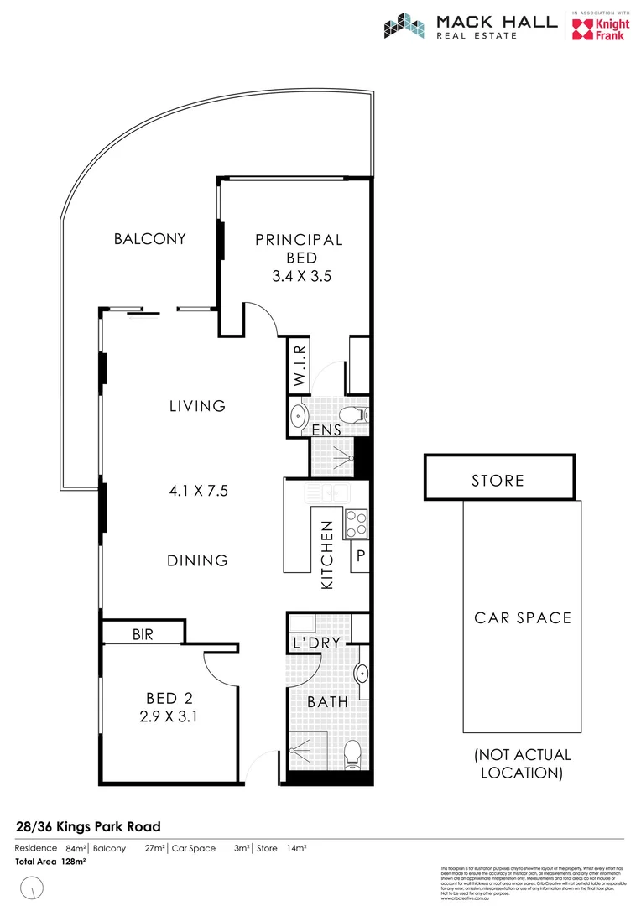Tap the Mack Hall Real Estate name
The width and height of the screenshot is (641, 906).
pos(496,26)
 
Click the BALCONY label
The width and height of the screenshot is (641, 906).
pos(149,239)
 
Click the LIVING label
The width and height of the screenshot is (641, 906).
pos(198,406)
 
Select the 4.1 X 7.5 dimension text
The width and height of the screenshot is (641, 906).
pos(198,492)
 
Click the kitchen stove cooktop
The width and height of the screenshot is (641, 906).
pos(356,523)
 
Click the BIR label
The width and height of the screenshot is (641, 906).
pos(143,635)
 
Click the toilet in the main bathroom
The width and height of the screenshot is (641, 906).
pos(352,752)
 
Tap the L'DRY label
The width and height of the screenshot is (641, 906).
pos(315,643)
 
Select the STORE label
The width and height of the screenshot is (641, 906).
pos(498,481)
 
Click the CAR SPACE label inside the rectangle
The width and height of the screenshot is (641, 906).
pos(522,618)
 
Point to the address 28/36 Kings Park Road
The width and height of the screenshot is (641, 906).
pos(88,826)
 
